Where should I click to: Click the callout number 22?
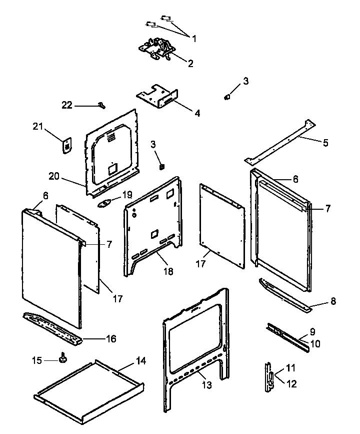point(67,105)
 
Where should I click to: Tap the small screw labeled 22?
point(101,105)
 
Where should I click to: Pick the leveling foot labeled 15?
point(63,357)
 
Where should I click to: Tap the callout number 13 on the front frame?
point(206,385)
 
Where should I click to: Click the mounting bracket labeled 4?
point(157,96)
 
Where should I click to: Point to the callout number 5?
point(325,143)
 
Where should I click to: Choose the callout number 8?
point(332,301)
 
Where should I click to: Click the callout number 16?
point(110,339)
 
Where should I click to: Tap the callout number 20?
point(54,176)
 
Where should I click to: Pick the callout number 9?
point(312,331)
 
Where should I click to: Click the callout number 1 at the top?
point(194,38)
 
